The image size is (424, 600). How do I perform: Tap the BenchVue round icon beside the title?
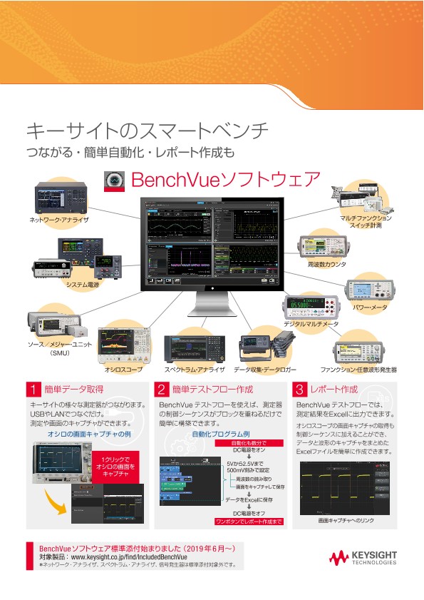[x=115, y=178]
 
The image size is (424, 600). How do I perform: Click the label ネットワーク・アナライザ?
[x=59, y=220]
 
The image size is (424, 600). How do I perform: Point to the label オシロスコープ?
[x=123, y=370]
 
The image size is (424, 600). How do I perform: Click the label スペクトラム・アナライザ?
[x=195, y=370]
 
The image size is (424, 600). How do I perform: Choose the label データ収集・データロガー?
[x=265, y=370]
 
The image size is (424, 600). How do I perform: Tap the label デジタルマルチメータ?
[x=311, y=324]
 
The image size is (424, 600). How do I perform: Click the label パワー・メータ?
[x=369, y=308]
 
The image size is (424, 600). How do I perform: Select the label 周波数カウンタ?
[x=326, y=264]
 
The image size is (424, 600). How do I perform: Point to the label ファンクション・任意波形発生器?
[x=358, y=370]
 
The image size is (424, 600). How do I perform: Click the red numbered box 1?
[x=33, y=390]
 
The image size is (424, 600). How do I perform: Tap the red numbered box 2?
[x=162, y=390]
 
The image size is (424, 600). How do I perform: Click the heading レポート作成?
[x=333, y=390]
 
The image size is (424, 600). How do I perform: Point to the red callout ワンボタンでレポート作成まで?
[x=249, y=522]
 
